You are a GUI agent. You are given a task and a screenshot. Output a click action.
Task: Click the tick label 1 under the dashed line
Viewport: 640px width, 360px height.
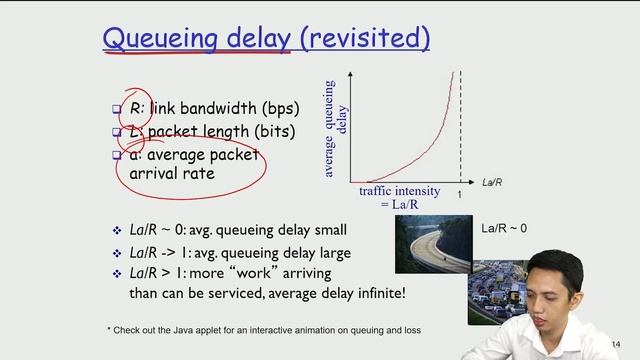[459, 195]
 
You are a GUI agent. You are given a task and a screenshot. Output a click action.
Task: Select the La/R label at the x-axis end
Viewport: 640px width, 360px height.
[493, 183]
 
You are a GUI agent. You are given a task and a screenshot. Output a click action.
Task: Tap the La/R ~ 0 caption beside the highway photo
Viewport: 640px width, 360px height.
[504, 229]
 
